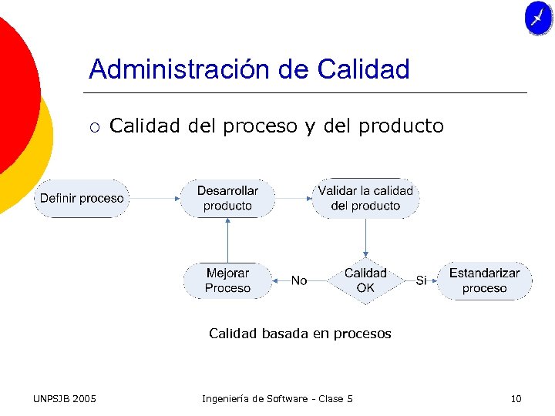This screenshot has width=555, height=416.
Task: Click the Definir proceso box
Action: (81, 198)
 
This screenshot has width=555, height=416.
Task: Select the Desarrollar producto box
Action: (227, 198)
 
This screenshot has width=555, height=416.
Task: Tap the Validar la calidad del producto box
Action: (365, 198)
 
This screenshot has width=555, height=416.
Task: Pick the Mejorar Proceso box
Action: (227, 280)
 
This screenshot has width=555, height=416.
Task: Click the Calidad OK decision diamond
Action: (365, 280)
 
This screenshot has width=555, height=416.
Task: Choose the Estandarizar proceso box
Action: (484, 280)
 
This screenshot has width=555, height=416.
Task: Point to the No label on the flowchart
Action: (299, 280)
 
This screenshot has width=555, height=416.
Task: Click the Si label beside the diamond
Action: (421, 280)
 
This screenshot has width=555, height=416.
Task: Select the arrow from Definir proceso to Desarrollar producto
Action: (154, 198)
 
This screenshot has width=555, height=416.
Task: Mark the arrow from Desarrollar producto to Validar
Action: (293, 198)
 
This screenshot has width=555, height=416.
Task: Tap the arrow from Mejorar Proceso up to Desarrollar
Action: (227, 240)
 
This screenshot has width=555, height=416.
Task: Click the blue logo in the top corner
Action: (538, 18)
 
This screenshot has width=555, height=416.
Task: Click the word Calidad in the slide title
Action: (363, 69)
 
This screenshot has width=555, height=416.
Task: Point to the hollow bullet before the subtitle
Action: (93, 126)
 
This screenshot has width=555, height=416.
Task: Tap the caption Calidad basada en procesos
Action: (300, 334)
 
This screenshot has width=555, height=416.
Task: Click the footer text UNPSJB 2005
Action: (65, 398)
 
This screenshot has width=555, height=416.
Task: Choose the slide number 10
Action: (516, 398)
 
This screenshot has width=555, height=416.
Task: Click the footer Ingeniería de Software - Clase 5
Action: (277, 398)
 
